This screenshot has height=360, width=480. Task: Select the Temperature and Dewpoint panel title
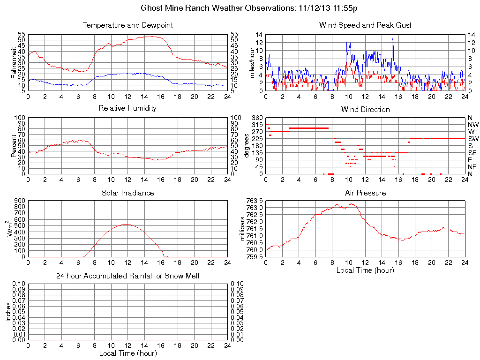coord(127,25)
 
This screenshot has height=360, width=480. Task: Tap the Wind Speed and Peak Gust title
coord(365,25)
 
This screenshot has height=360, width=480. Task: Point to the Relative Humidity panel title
coord(127,108)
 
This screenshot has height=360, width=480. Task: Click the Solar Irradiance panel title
coord(127,193)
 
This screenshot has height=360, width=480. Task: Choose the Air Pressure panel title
coord(365,193)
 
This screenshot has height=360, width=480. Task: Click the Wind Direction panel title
coord(365,109)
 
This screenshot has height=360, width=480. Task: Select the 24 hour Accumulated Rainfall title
coord(127,276)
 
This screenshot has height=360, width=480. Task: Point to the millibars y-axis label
coord(242,228)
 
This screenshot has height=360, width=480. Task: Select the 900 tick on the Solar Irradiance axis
coord(19,201)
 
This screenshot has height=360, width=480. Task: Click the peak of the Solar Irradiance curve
coord(125,224)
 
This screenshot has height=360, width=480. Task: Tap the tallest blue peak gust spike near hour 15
coord(392,39)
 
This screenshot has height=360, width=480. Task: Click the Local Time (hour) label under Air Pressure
coord(365,270)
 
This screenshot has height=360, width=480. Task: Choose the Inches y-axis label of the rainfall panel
coord(8,312)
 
